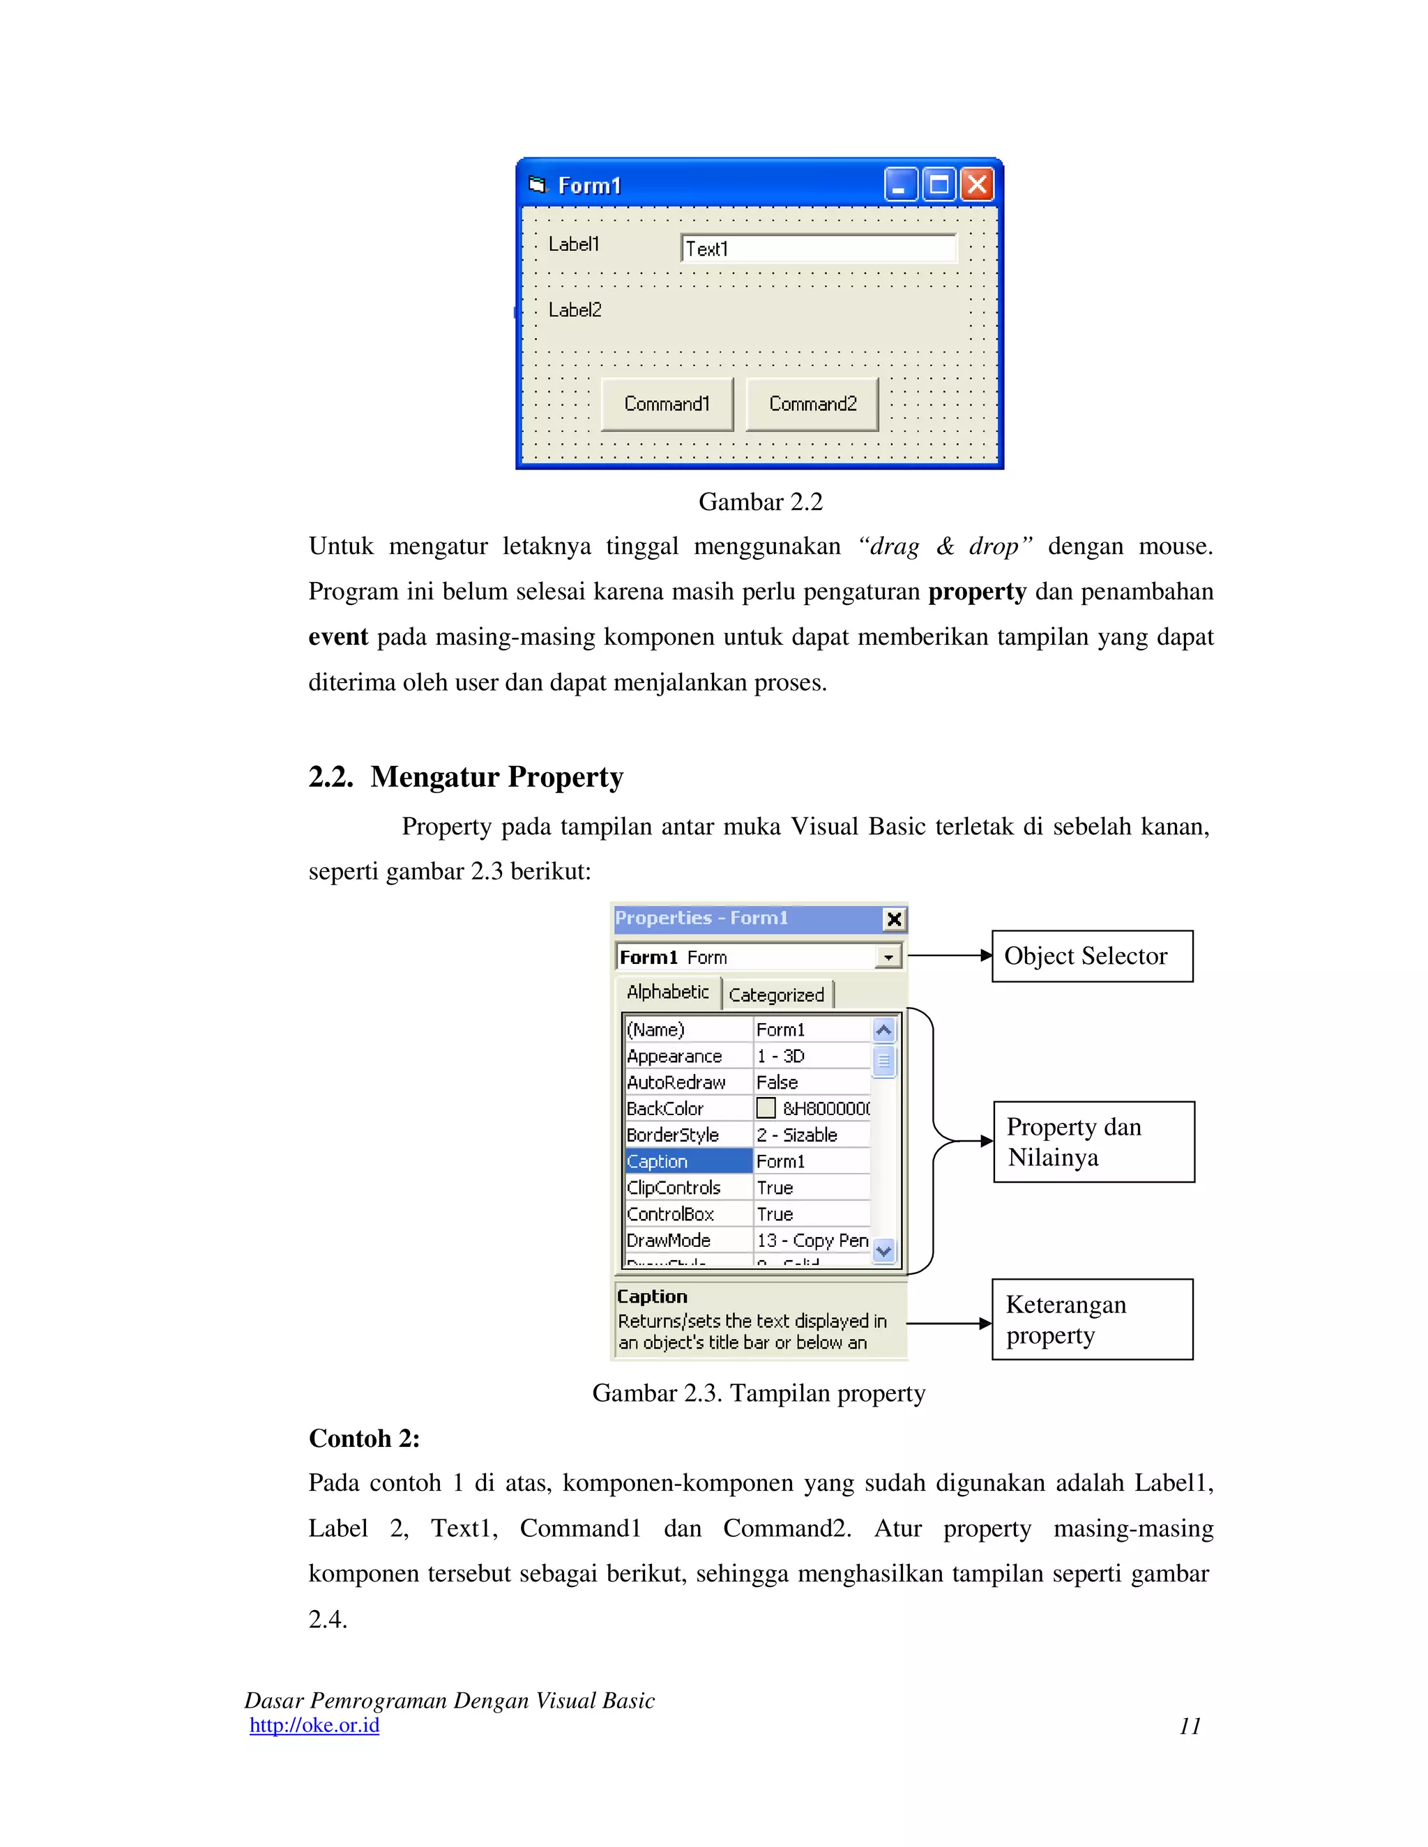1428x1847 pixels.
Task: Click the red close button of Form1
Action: tap(977, 185)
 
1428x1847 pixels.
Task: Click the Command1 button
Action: tap(667, 404)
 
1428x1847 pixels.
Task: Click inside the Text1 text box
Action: tap(818, 249)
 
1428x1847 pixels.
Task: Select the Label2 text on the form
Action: tap(575, 310)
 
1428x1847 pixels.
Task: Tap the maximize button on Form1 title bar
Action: tap(939, 185)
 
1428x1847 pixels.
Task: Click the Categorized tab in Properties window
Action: tap(777, 995)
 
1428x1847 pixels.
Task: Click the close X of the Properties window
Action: tap(893, 919)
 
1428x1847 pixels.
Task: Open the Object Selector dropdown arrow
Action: tap(888, 958)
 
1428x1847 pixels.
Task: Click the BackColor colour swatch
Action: tap(766, 1108)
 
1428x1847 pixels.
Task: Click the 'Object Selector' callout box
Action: tap(1091, 956)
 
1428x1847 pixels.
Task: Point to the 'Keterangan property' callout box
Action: tap(1091, 1319)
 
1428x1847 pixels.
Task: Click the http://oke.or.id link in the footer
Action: tap(314, 1725)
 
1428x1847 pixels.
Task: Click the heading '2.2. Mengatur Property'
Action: tap(466, 776)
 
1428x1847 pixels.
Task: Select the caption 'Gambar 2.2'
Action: tap(760, 503)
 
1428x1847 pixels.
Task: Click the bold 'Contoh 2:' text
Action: tap(364, 1439)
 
